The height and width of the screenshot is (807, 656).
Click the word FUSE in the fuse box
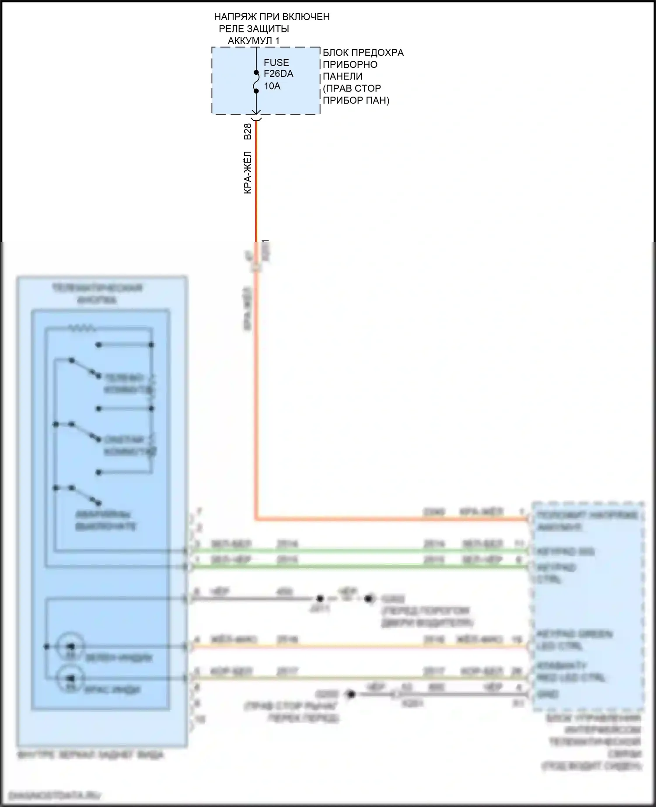click(276, 63)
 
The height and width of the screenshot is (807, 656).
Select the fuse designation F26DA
click(278, 74)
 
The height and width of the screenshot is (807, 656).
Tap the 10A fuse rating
click(272, 86)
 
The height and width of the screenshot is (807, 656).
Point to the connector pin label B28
click(248, 132)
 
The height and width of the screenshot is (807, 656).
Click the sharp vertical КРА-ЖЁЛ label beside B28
click(248, 172)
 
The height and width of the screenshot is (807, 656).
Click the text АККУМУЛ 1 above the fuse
click(253, 41)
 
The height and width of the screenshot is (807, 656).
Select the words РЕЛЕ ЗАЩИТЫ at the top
click(254, 29)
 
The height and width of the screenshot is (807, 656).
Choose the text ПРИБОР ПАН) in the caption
click(356, 100)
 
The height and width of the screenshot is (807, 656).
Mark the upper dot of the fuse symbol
click(256, 73)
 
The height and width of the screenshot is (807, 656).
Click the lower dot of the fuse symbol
click(256, 91)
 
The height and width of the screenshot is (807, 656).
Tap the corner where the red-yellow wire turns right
click(256, 519)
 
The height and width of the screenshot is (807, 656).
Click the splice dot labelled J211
click(320, 598)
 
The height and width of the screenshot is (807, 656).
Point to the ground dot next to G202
click(370, 598)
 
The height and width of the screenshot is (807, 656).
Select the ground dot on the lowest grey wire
click(350, 694)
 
